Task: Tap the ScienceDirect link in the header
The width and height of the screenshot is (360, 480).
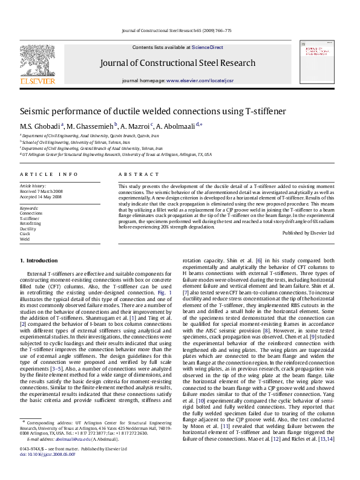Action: coord(208,47)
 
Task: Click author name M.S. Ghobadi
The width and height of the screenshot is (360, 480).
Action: coord(40,126)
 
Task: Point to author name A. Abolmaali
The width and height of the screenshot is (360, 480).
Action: coord(178,126)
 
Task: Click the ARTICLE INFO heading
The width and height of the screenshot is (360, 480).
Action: coord(49,174)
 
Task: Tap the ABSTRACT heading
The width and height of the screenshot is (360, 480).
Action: coord(134,174)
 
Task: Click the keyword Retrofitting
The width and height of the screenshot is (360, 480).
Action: coord(31,224)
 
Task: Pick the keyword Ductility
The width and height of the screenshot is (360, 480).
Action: coord(28,229)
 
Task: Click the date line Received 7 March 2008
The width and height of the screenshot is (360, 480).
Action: coord(41,191)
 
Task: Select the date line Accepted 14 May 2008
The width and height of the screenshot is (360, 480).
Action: coord(41,196)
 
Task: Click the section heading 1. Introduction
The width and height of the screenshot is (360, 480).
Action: coord(39,261)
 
